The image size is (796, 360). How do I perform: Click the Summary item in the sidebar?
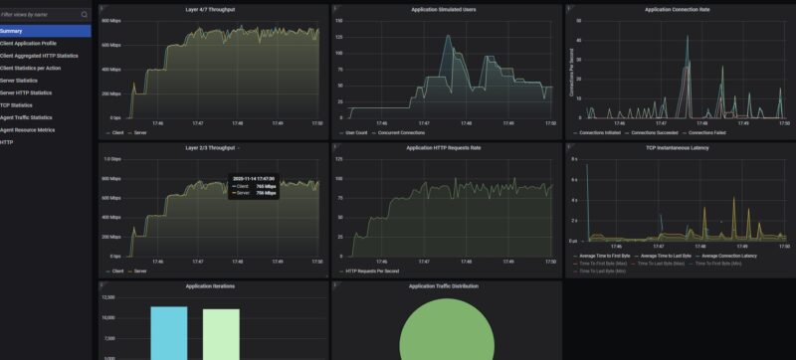12,31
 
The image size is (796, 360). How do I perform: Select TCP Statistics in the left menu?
17,104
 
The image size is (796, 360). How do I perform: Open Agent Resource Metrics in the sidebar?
28,129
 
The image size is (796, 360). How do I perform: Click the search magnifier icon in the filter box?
84,15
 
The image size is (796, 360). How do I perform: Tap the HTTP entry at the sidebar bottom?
7,141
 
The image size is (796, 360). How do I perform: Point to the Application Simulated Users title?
443,9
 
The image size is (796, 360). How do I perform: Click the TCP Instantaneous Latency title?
679,147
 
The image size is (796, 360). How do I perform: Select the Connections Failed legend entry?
709,131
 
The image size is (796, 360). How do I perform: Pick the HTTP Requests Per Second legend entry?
374,270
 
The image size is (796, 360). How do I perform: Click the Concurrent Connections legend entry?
401,131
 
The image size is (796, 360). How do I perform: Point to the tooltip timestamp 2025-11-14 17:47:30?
254,179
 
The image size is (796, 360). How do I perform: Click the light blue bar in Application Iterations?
168,332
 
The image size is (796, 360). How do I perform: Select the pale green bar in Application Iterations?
221,333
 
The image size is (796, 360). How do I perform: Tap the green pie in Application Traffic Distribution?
445,333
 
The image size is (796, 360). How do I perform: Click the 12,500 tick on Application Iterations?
109,297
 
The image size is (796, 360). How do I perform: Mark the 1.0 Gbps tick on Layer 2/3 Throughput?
111,159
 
